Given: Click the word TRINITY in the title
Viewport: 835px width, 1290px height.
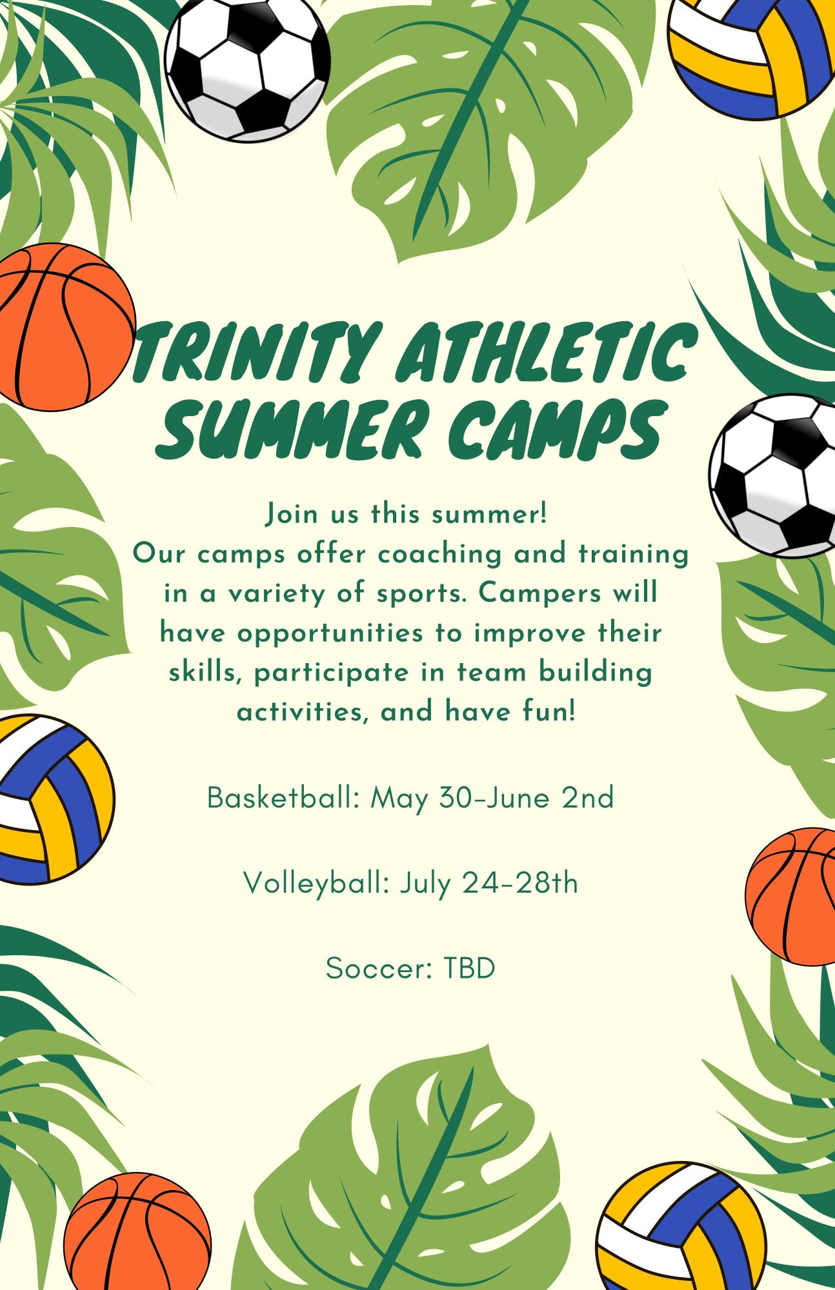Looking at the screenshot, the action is point(253,352).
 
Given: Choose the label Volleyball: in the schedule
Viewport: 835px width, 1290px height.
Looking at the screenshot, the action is point(317,884).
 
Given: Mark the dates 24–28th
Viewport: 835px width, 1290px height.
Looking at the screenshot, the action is point(520,883).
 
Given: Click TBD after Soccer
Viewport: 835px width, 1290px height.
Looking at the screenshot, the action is point(469,968).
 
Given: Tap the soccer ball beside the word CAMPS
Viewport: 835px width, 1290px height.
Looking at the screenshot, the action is point(772,476).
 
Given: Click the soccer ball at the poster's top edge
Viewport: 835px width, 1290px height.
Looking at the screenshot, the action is point(247,68).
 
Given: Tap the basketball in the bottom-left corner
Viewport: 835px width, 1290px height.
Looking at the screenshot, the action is point(137,1232).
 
